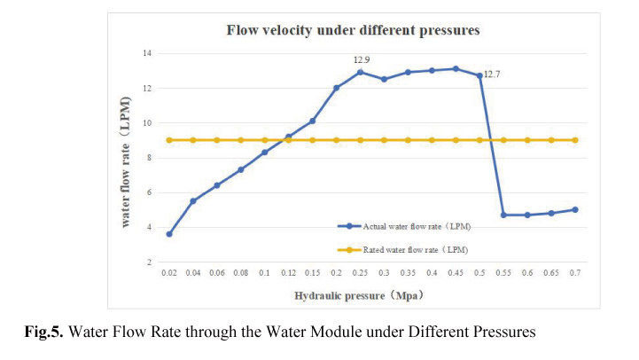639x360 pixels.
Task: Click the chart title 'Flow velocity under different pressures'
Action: (353, 31)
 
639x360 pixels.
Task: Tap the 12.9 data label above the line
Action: (361, 59)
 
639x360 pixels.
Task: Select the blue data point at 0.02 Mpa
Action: (169, 234)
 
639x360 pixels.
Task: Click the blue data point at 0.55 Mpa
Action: (503, 215)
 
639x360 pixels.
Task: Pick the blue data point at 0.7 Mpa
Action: (575, 209)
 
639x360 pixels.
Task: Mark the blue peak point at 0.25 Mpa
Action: (361, 72)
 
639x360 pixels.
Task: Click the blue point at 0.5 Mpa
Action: (479, 75)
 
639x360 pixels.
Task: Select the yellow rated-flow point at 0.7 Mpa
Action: (575, 140)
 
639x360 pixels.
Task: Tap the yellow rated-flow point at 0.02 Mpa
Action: (169, 140)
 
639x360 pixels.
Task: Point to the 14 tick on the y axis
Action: (147, 53)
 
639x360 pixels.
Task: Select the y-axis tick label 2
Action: (149, 262)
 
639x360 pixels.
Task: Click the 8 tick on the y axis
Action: (149, 158)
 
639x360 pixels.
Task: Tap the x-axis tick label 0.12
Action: (289, 275)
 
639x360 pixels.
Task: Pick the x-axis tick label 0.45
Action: (456, 275)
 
